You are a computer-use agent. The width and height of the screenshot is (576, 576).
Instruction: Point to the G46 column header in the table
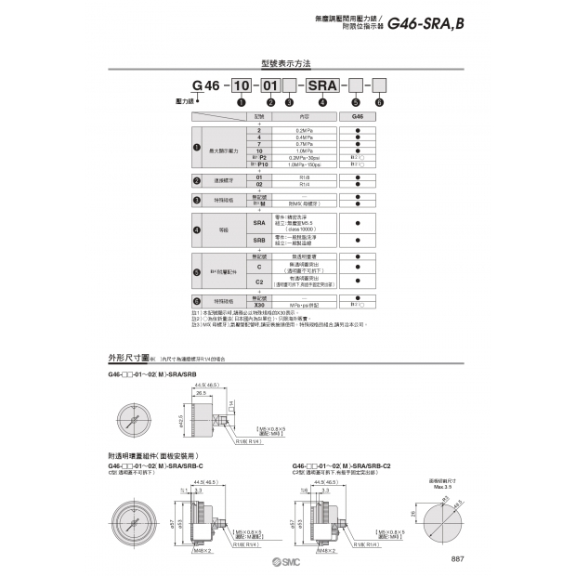tap(358, 117)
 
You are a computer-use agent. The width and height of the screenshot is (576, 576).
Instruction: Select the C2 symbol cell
tap(258, 281)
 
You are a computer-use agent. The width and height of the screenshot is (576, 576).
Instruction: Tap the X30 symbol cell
tap(258, 304)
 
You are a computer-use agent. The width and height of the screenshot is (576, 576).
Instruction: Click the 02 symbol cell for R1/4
tap(258, 184)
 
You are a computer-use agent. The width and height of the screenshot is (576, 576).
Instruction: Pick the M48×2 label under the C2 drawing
tap(325, 551)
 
